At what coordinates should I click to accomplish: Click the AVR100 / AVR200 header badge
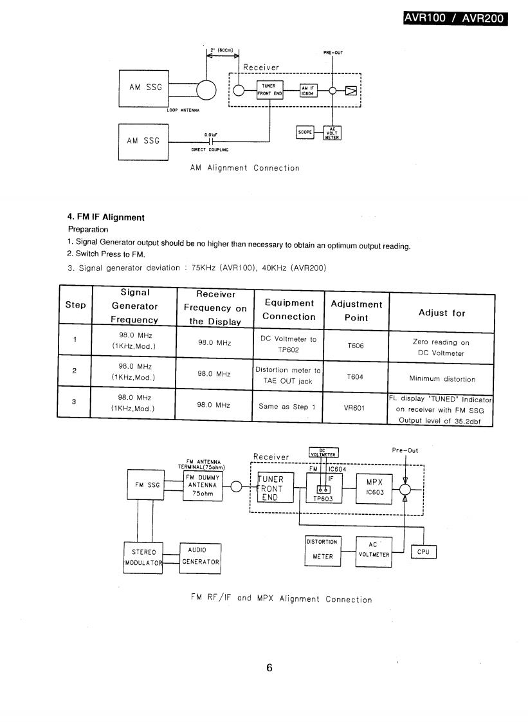pyautogui.click(x=455, y=18)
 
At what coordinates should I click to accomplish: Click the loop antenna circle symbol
pyautogui.click(x=206, y=89)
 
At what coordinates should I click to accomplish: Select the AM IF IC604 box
pyautogui.click(x=308, y=89)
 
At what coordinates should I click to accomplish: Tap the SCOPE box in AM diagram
pyautogui.click(x=304, y=132)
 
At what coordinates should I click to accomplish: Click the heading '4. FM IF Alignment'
pyautogui.click(x=106, y=217)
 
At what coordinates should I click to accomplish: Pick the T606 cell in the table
pyautogui.click(x=356, y=346)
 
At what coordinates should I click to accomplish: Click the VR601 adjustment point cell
pyautogui.click(x=355, y=407)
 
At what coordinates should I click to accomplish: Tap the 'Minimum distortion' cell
pyautogui.click(x=442, y=379)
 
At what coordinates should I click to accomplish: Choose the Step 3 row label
pyautogui.click(x=75, y=402)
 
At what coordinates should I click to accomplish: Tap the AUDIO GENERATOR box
pyautogui.click(x=200, y=556)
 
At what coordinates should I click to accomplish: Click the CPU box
pyautogui.click(x=423, y=551)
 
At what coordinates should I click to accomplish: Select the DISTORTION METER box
pyautogui.click(x=322, y=549)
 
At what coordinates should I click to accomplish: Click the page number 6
pyautogui.click(x=269, y=667)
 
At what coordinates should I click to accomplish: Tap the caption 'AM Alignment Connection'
pyautogui.click(x=245, y=168)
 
